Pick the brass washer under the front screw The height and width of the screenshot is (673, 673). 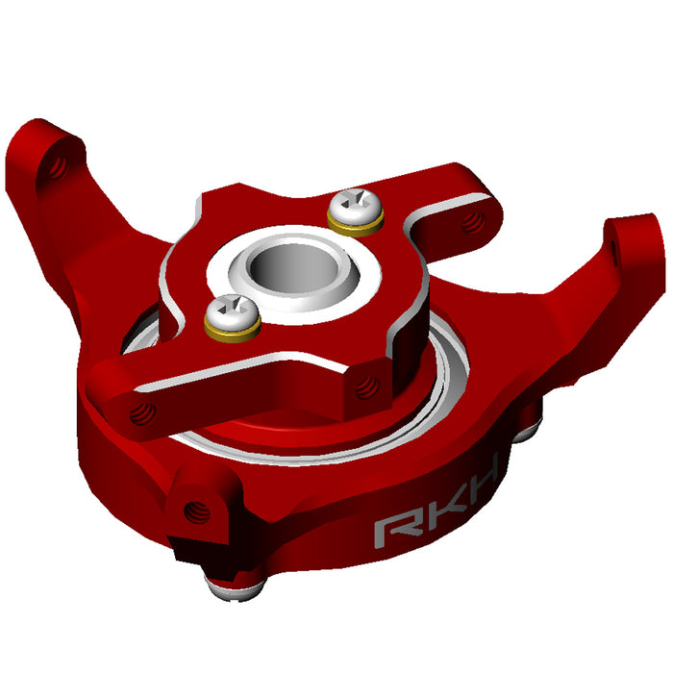click(232, 329)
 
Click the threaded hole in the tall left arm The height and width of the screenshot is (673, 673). click(58, 169)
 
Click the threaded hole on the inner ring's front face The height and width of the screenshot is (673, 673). click(364, 386)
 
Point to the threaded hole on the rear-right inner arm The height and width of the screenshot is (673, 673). click(471, 223)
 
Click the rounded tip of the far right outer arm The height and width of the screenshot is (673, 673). click(635, 240)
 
